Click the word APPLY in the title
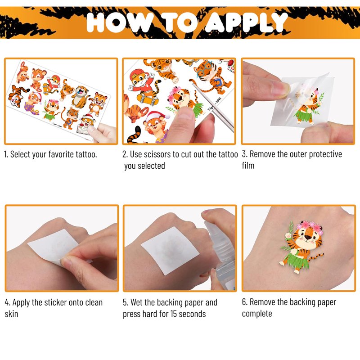pos(246,22)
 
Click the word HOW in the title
pos(118,22)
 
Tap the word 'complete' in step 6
pos(257,314)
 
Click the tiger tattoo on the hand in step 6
pos(301,247)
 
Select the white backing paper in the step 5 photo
pos(170,250)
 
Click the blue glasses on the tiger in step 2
pos(205,68)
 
